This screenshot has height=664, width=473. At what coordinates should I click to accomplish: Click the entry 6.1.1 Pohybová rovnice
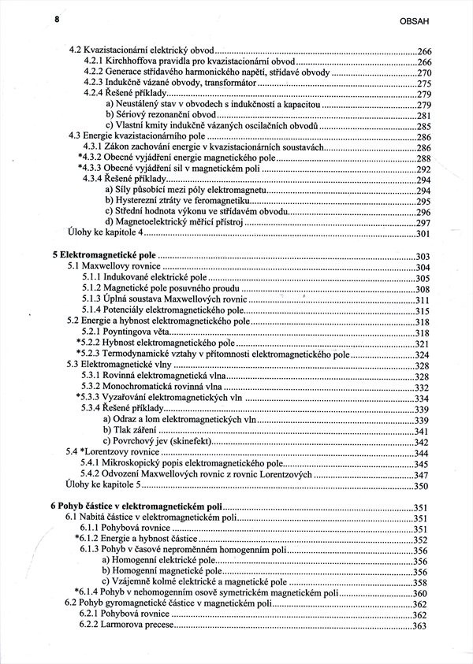pos(124,529)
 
